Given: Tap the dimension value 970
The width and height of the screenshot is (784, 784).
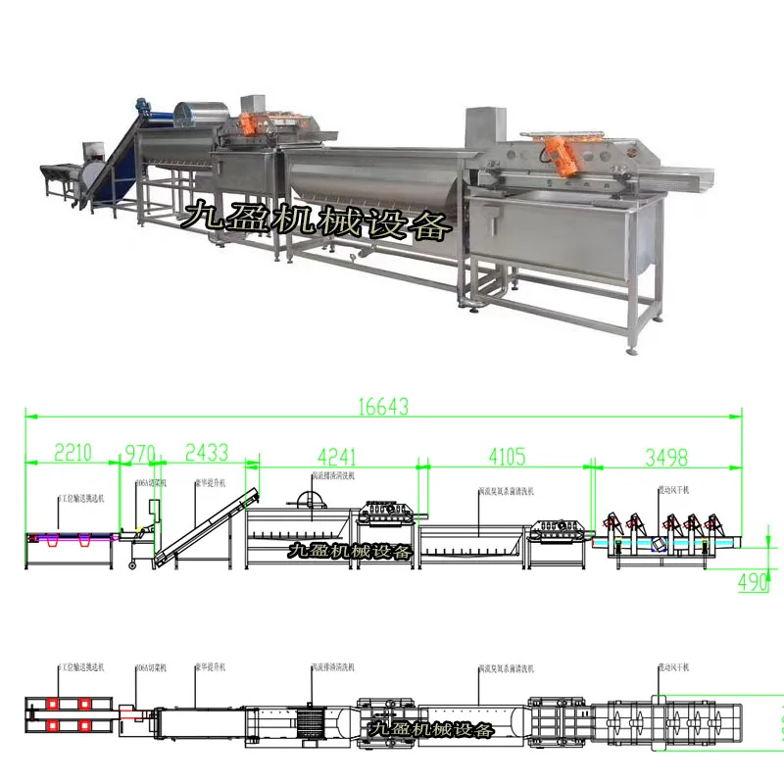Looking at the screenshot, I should coord(140,453).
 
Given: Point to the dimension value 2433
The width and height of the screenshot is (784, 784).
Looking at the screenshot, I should coord(206,453).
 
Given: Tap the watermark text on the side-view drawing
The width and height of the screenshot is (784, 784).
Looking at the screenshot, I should coord(347,554).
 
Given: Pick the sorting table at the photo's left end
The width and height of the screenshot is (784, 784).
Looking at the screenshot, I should coord(60,177).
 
